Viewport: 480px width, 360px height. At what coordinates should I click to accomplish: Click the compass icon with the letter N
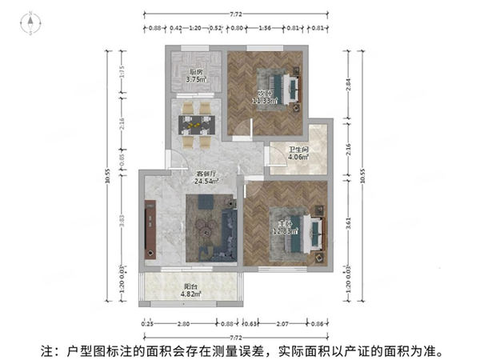(x=31, y=25)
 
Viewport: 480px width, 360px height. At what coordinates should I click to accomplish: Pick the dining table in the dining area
(x=195, y=123)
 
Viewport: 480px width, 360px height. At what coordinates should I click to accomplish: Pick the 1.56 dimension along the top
(x=264, y=29)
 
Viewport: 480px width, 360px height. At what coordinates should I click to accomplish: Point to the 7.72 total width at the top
(x=236, y=14)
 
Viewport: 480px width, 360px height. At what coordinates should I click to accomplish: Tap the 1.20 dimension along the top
(x=194, y=29)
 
